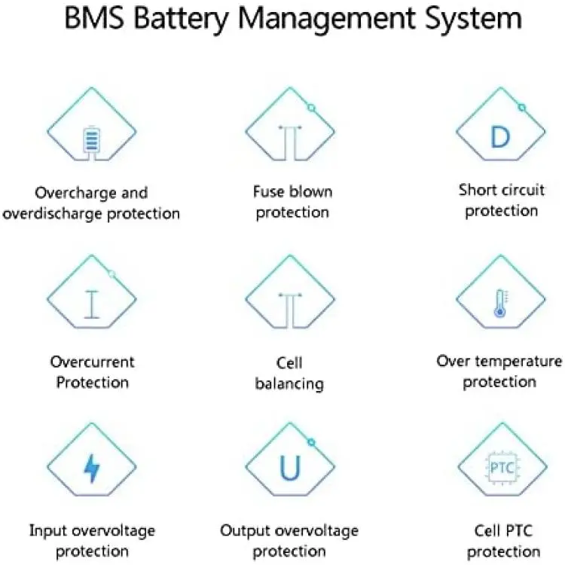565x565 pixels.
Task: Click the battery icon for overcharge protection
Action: pos(91,139)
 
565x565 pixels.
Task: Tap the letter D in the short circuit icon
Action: pos(500,137)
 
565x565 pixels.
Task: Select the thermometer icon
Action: pos(500,304)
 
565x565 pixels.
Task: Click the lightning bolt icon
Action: pos(91,468)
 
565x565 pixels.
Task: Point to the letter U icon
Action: pos(290,468)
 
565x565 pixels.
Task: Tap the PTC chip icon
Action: pos(502,468)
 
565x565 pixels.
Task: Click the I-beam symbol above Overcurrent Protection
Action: pos(91,304)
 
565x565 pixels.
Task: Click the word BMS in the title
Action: pos(94,18)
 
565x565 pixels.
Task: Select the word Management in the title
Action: pos(326,20)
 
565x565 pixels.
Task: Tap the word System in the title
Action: pos(473,20)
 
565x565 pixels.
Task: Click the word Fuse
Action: pos(268,191)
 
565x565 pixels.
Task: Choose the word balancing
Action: pos(289,384)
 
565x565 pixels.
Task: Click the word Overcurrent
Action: pos(92,362)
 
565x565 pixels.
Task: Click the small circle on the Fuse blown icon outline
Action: pos(312,108)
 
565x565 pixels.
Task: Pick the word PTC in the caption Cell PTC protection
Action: pos(519,531)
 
